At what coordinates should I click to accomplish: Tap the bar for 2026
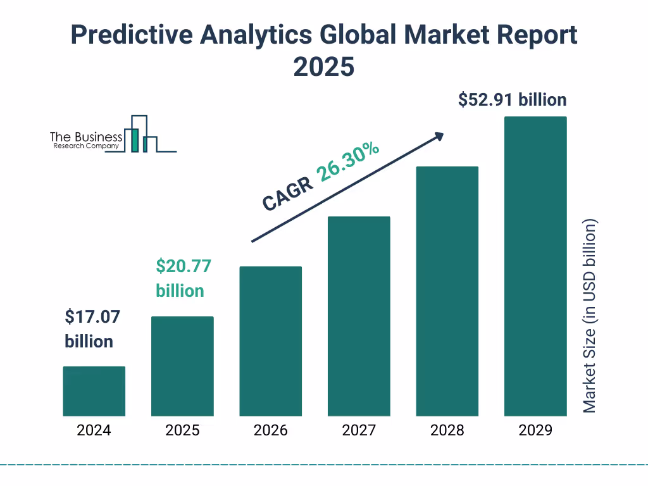click(x=270, y=341)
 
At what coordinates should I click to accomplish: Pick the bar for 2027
click(x=359, y=316)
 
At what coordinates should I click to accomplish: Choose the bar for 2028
click(x=447, y=291)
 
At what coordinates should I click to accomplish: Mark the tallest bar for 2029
click(x=535, y=266)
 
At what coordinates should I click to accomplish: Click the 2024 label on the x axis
click(x=94, y=431)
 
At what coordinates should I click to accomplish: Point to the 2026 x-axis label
click(x=270, y=431)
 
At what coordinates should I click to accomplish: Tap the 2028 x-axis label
click(x=447, y=431)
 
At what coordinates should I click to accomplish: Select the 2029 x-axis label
click(x=535, y=431)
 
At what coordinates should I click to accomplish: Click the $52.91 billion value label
click(x=513, y=100)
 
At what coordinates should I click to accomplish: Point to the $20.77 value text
click(x=184, y=266)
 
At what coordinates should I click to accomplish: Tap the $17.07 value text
click(x=92, y=316)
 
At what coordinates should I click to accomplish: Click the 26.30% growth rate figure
click(x=349, y=162)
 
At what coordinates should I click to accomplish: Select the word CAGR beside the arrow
click(x=288, y=194)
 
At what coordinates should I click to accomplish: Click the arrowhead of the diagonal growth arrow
click(x=439, y=135)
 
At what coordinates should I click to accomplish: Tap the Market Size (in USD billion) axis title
click(x=590, y=316)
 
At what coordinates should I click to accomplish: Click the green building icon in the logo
click(x=134, y=140)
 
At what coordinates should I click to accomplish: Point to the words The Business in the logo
click(x=86, y=137)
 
